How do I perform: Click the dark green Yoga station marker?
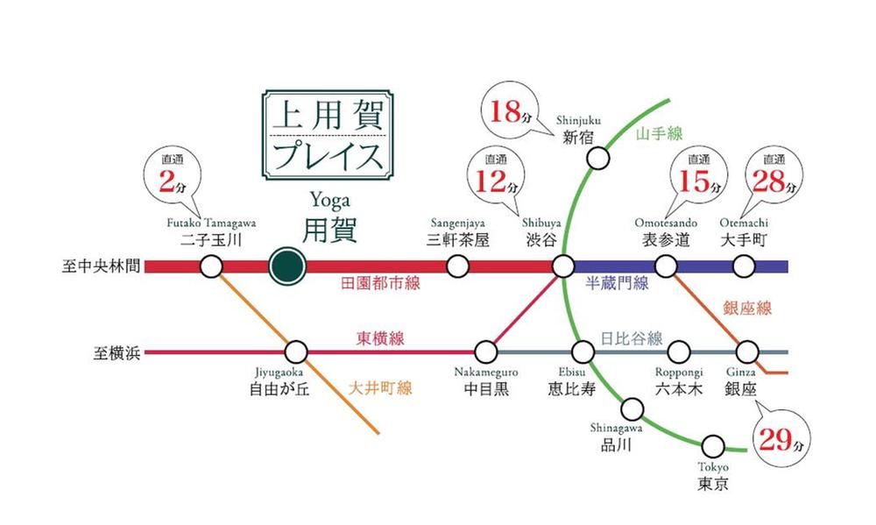[286, 266]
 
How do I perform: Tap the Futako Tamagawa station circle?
[211, 266]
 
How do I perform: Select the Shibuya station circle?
[562, 266]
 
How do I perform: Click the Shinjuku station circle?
[597, 159]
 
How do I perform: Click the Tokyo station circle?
[714, 445]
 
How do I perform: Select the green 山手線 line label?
[658, 133]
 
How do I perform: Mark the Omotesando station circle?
[667, 266]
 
